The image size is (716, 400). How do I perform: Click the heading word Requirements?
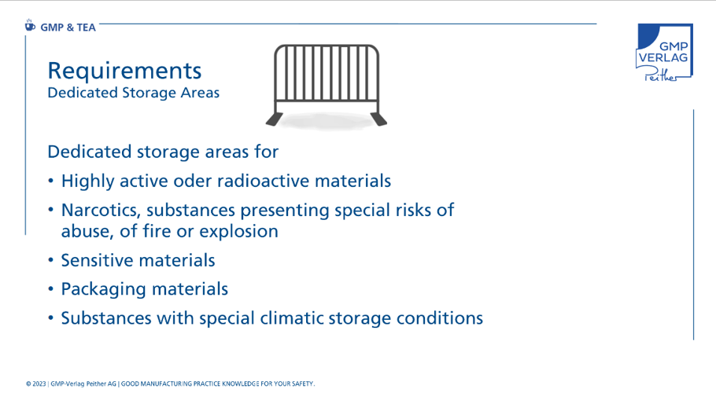coord(124,71)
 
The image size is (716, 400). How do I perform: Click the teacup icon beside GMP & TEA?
coord(30,26)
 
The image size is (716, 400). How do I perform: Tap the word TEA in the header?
coord(87,28)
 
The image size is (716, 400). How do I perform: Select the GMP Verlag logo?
coord(664,53)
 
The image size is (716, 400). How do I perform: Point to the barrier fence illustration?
coord(327,86)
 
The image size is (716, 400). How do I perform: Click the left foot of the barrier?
coord(274,119)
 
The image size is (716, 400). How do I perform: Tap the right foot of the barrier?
coord(378,119)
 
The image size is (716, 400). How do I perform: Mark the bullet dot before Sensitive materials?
coord(50,260)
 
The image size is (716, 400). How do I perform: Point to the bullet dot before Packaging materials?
coord(50,289)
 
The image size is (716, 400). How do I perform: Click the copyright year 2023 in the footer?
coord(39,384)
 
